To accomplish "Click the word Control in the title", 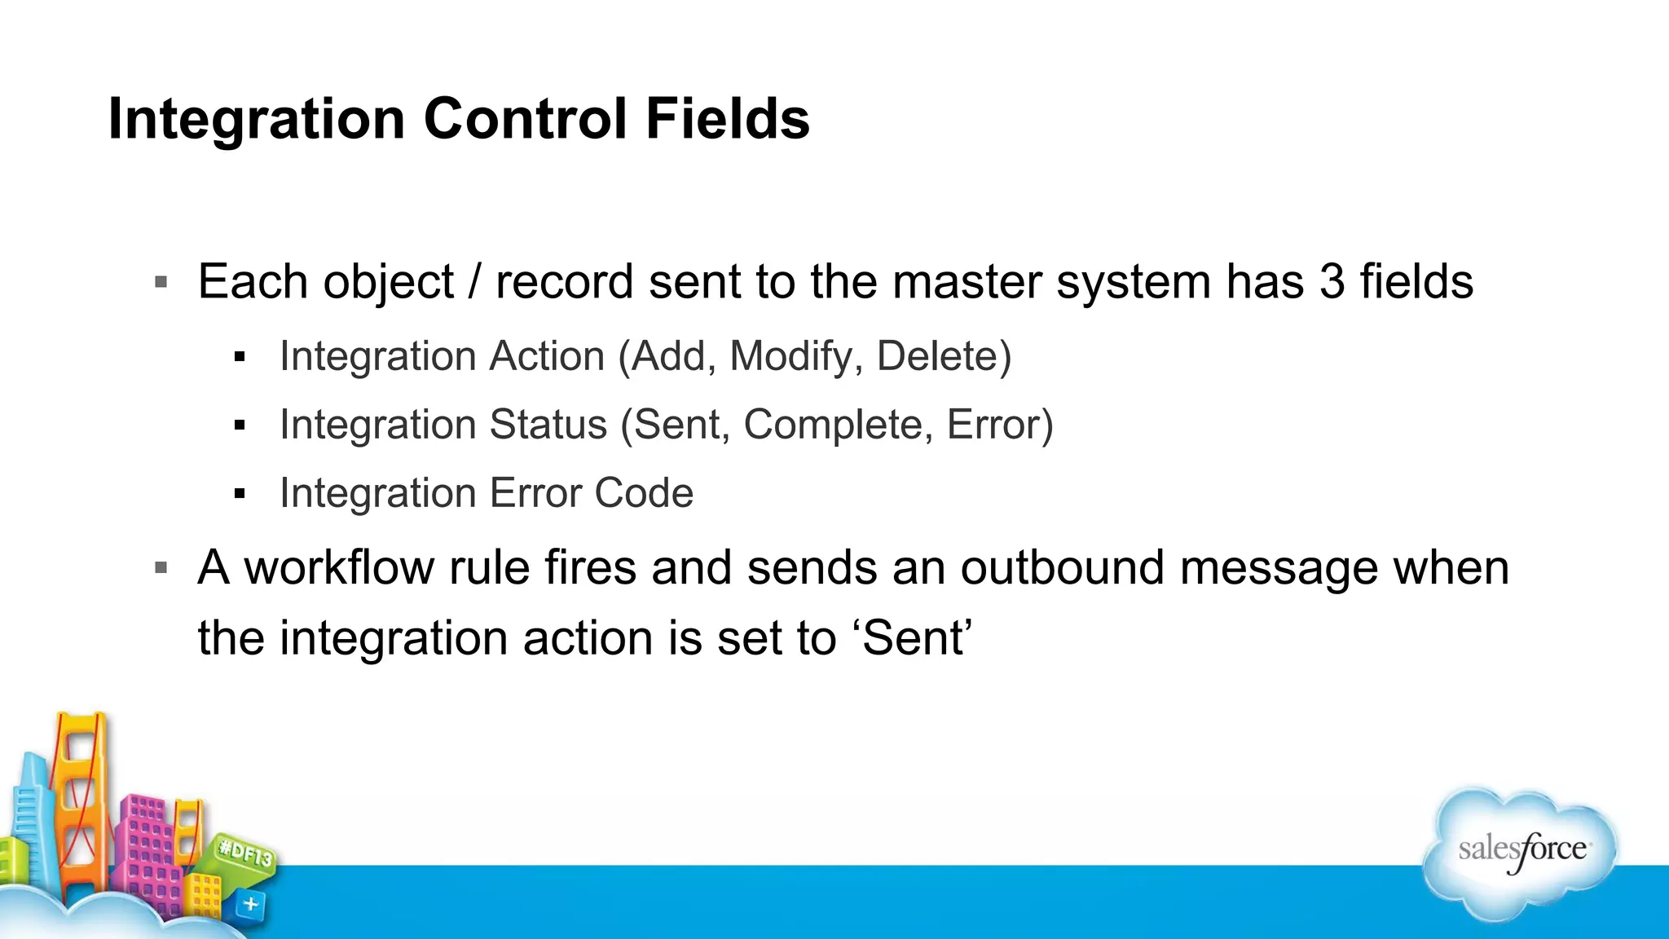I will coord(526,119).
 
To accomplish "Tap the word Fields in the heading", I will coord(728,119).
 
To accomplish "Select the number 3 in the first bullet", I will coord(1332,282).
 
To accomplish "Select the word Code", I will coord(644,493).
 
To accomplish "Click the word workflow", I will coord(339,567).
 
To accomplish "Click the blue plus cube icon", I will coord(250,904).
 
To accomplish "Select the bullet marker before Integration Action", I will coord(239,357).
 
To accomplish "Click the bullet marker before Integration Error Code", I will coord(239,494).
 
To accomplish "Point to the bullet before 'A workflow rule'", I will coord(161,568).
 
